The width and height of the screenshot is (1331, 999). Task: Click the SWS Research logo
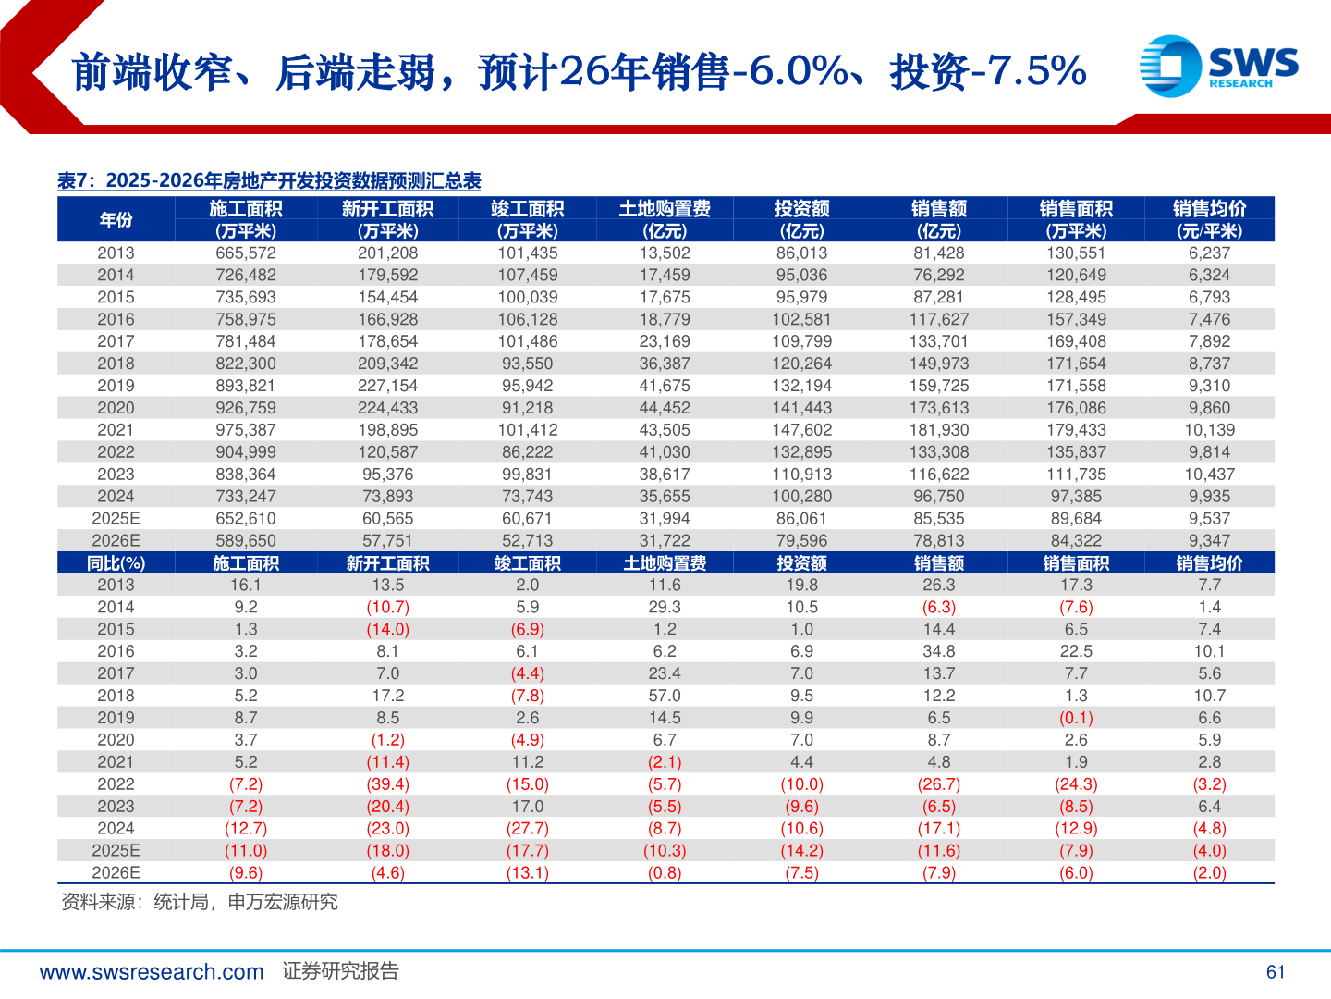1218,67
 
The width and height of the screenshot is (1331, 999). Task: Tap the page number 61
1276,971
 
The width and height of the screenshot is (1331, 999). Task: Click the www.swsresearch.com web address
152,971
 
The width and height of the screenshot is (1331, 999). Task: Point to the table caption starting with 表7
269,180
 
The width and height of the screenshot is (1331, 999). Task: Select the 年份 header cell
116,219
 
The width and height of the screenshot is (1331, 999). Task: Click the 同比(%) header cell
116,563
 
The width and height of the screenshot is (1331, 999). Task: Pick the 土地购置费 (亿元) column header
665,219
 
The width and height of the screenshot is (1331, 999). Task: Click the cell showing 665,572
246,253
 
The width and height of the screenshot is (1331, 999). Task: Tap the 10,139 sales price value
1209,430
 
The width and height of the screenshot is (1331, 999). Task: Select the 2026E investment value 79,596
801,540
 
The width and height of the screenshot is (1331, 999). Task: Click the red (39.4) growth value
387,784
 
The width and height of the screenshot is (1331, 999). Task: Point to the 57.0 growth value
665,696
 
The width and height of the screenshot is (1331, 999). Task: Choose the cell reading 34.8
938,651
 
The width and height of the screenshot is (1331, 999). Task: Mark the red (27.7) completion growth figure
527,829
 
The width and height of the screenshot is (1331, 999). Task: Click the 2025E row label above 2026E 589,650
116,518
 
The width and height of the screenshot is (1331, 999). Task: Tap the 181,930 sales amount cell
938,430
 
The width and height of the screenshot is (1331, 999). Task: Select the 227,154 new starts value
387,386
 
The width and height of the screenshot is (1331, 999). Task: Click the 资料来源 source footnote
199,902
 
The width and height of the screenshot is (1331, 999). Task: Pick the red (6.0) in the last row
1076,873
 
